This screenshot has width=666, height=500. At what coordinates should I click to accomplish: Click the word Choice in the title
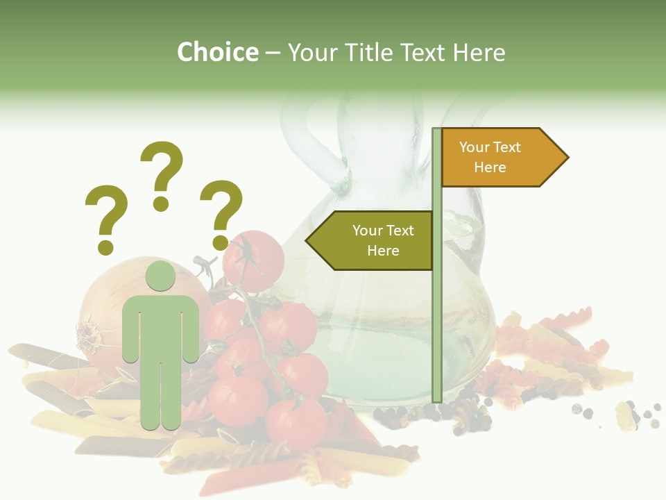217,52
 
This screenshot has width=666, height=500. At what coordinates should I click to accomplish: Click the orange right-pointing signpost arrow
504,158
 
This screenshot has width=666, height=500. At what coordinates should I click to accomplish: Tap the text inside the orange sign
490,157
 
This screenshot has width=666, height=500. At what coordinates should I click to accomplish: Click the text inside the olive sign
383,240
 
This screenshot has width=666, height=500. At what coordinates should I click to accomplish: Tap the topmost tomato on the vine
254,261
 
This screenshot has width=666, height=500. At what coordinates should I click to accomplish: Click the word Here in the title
479,52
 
